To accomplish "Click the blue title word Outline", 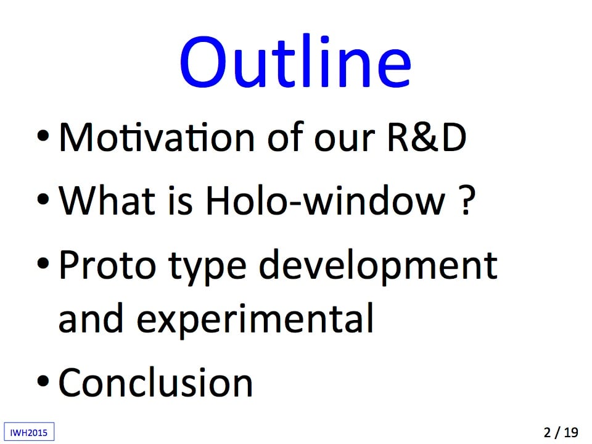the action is tap(295, 61).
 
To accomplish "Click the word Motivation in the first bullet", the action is tap(157, 138).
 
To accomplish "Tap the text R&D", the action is tap(427, 138).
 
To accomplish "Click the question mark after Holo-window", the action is tap(467, 200).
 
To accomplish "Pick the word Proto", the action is tap(107, 265).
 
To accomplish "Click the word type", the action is tap(207, 267).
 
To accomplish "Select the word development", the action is tap(378, 266).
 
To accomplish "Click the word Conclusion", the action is tap(155, 383).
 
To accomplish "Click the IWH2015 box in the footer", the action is tap(29, 432).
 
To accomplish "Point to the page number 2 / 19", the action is tap(561, 432).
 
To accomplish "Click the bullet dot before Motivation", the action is tap(43, 135).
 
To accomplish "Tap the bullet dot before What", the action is tap(43, 199).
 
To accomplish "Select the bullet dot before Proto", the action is tap(43, 263).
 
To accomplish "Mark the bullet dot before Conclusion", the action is tap(43, 381).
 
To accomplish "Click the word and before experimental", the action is tap(91, 318).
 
